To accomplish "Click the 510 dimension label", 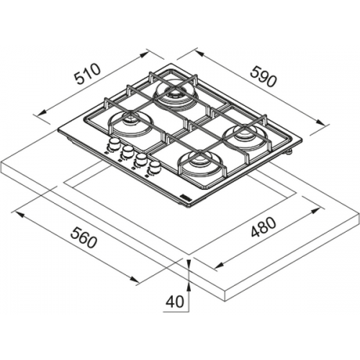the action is coord(87,73).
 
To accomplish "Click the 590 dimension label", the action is coord(264,76).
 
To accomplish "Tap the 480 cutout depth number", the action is coord(263,227).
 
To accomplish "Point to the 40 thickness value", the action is coord(175,302).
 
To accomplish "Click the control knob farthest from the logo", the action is coord(113,144).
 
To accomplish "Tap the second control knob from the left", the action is coord(127,151).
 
